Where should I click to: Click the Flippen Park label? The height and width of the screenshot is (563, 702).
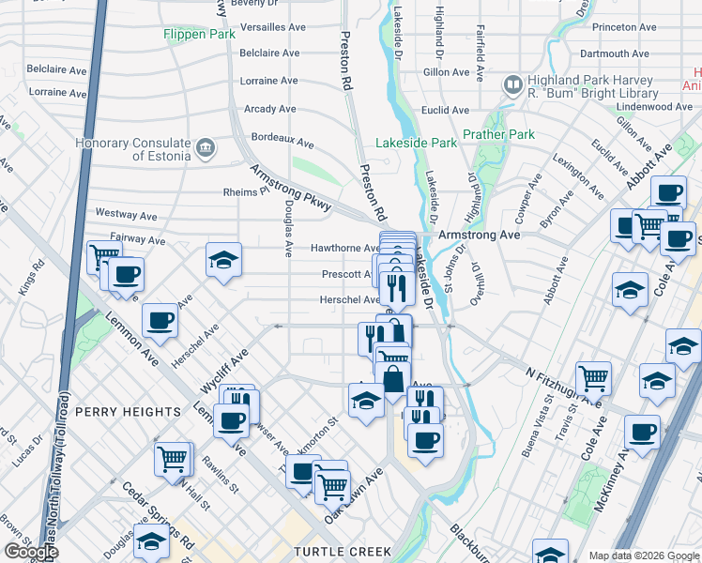198,34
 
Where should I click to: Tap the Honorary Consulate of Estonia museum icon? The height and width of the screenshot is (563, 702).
206,147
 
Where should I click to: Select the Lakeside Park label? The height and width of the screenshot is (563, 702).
416,143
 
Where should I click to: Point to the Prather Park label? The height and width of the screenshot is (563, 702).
505,134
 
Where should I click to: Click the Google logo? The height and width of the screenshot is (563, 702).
31,552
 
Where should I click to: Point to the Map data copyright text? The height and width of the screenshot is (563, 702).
643,555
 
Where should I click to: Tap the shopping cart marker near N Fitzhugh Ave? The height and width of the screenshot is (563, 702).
593,378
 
